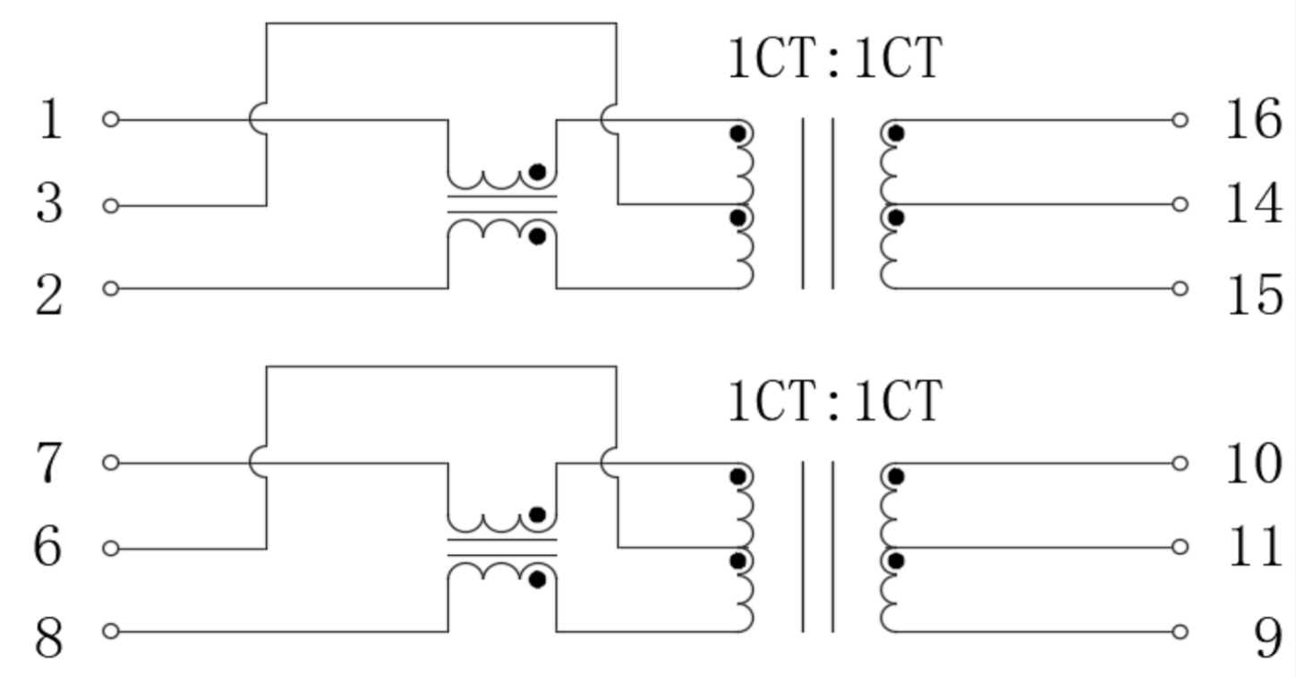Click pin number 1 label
[50, 119]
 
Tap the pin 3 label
[50, 205]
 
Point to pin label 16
[1253, 119]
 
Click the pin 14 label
[1253, 204]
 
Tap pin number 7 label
[50, 463]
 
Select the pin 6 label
[50, 547]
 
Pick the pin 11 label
[1253, 547]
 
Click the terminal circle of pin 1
[111, 119]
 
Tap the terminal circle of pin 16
[1180, 119]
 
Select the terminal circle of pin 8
[111, 631]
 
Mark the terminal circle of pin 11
[1180, 546]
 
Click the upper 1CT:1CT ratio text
[834, 59]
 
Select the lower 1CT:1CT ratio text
[834, 400]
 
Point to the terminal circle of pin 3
[111, 206]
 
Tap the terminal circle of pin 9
[1180, 631]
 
